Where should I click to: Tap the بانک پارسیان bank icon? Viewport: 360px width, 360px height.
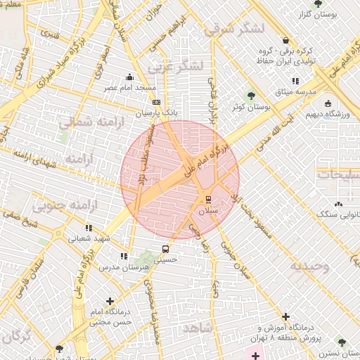click(156, 102)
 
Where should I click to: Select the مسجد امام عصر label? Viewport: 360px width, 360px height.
click(130, 88)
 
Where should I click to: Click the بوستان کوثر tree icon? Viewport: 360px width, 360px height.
click(251, 96)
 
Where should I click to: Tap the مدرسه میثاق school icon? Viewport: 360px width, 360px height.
click(295, 82)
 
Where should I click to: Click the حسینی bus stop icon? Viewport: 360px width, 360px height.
click(165, 249)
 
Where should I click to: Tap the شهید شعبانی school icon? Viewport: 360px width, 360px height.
click(89, 228)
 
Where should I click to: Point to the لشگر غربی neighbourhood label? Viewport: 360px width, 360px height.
click(176, 66)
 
